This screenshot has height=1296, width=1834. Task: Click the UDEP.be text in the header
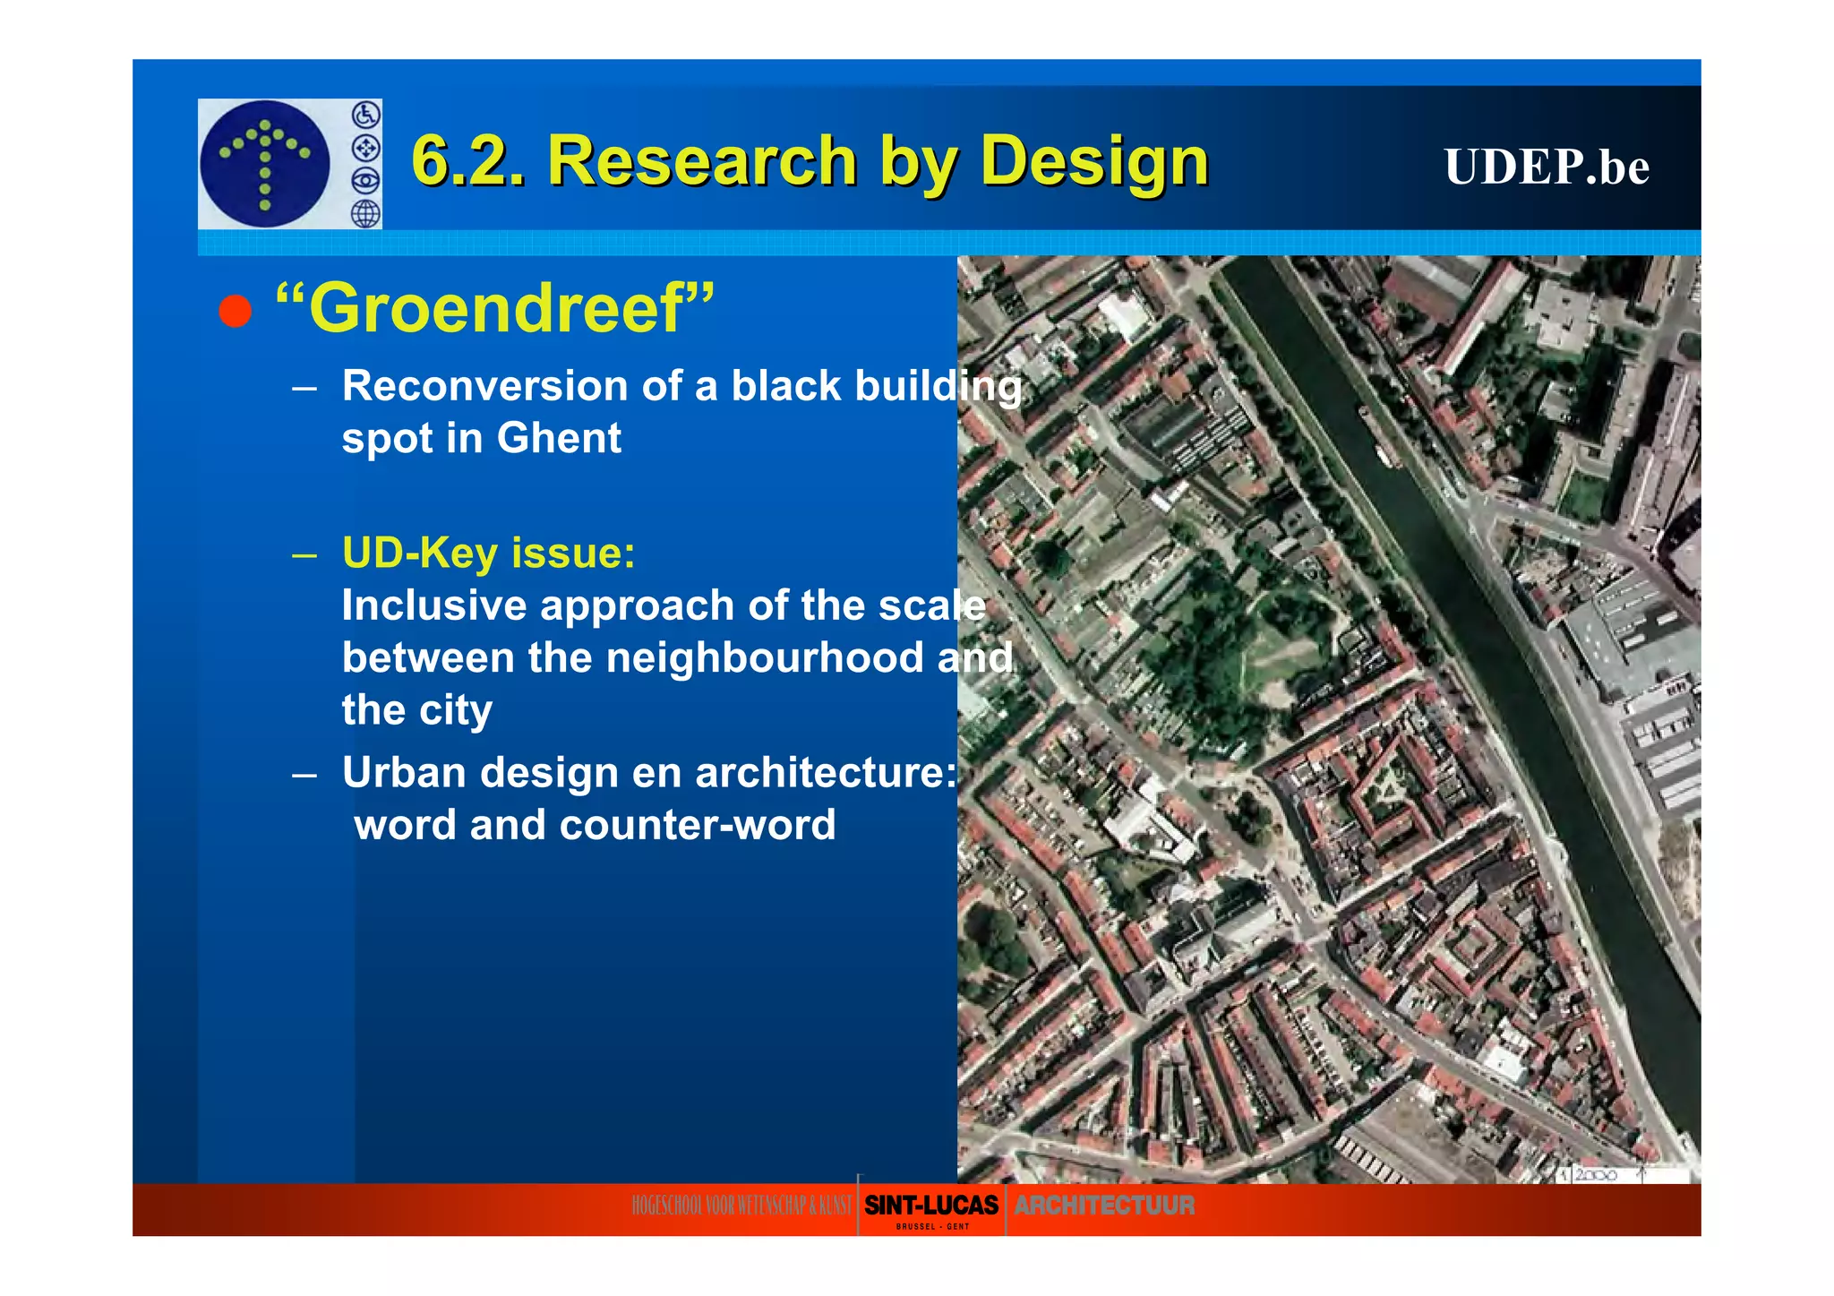click(1546, 167)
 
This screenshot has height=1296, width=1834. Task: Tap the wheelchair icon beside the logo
click(365, 115)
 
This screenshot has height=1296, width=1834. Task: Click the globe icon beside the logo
click(365, 214)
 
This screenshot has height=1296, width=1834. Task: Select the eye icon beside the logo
click(365, 181)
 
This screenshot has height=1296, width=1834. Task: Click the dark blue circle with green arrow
click(265, 164)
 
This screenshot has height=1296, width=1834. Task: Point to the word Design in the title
click(1093, 161)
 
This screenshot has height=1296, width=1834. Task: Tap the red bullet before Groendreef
click(236, 311)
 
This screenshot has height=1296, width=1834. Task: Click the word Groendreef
click(495, 308)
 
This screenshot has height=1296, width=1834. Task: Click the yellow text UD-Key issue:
click(488, 553)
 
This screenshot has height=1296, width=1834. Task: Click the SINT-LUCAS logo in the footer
click(930, 1206)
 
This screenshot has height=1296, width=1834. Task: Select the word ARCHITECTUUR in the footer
click(1103, 1206)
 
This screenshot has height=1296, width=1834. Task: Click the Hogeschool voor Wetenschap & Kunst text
click(741, 1206)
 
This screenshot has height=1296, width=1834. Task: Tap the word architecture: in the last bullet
click(826, 773)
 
